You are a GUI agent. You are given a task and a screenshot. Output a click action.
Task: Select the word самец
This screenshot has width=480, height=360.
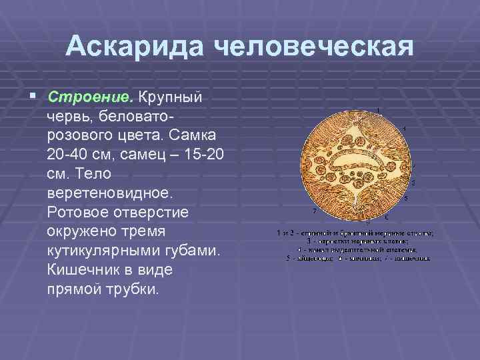click(151, 155)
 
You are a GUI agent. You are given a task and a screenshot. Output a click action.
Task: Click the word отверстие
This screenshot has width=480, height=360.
click(156, 213)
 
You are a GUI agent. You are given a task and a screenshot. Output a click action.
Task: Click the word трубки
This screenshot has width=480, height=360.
click(133, 291)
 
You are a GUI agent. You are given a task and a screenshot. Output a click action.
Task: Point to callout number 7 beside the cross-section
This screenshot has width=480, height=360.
click(314, 211)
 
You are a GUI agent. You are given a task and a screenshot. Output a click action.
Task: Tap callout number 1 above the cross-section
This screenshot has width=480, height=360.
click(379, 110)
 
